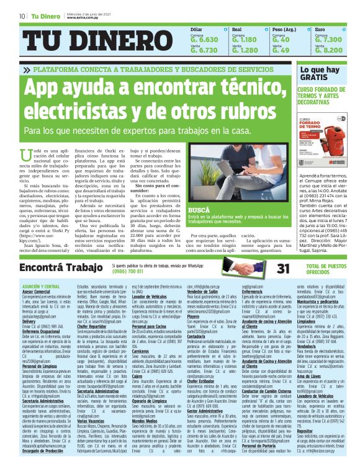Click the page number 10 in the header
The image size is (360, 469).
coord(22,16)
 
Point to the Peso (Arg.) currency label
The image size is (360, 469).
coord(285,29)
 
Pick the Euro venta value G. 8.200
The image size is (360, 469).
coord(328,50)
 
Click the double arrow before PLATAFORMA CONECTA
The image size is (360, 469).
coord(28,70)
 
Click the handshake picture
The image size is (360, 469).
coord(248,268)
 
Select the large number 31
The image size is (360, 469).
coord(284,269)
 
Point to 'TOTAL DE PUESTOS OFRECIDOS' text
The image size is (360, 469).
coord(325,269)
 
